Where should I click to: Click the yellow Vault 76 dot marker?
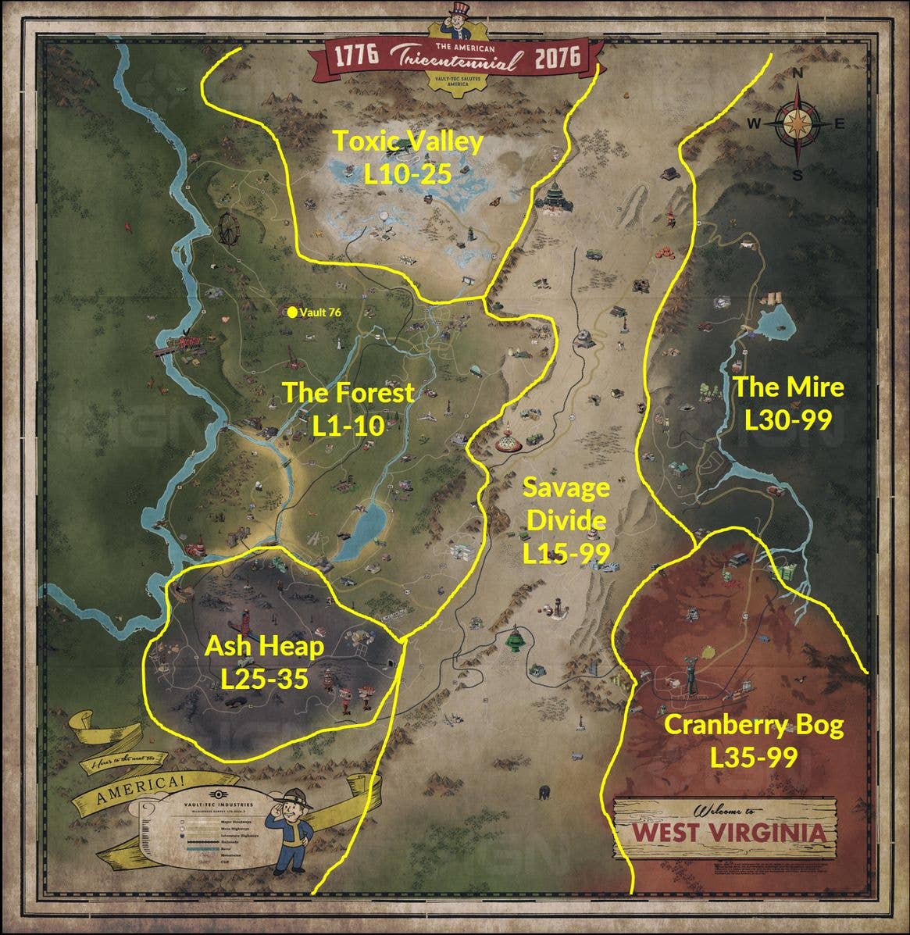(x=292, y=312)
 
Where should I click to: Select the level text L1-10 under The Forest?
(x=348, y=426)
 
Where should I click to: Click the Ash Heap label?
(x=264, y=646)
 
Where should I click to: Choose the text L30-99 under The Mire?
(x=787, y=420)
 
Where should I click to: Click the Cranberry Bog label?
(x=753, y=725)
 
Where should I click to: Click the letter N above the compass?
(x=798, y=73)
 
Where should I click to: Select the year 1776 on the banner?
(x=356, y=56)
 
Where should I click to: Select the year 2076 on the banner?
(x=558, y=56)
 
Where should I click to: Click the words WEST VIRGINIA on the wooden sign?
(x=728, y=831)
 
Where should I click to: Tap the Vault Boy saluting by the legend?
(x=292, y=832)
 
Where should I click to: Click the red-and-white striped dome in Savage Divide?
(x=510, y=440)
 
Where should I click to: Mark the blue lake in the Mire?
(x=773, y=323)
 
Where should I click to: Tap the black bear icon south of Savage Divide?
(x=544, y=792)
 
